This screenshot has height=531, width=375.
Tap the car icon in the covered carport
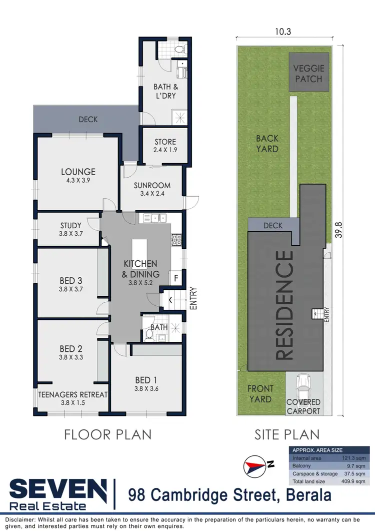pos(303,385)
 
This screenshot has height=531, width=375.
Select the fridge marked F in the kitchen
pos(176,277)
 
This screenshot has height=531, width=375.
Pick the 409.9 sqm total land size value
pos(355,481)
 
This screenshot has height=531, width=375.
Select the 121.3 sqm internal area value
pos(355,458)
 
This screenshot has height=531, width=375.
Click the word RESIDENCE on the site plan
pos(285,305)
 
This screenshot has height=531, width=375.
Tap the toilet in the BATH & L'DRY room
pos(180,50)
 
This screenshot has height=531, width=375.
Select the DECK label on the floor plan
pos(88,120)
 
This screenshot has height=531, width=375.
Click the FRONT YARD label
pos(260,394)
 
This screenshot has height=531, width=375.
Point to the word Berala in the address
pos(308,495)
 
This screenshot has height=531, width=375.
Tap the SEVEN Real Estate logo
pos(58,493)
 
